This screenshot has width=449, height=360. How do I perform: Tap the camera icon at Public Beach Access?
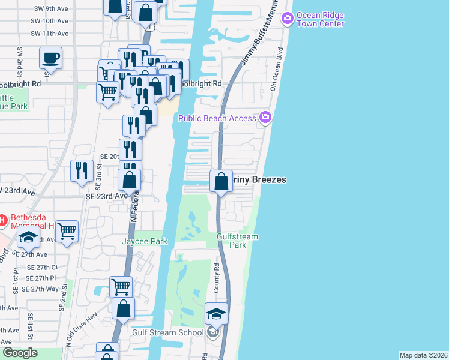pyautogui.click(x=265, y=117)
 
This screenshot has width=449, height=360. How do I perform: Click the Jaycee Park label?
pyautogui.click(x=144, y=241)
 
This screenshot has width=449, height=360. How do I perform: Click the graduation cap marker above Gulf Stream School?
pyautogui.click(x=216, y=313)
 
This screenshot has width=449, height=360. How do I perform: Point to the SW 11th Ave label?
pyautogui.click(x=50, y=34)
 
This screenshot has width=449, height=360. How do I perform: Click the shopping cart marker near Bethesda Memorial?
pyautogui.click(x=67, y=230)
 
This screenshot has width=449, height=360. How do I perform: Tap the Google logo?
pyautogui.click(x=20, y=353)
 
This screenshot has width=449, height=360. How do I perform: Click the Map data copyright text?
pyautogui.click(x=423, y=355)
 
